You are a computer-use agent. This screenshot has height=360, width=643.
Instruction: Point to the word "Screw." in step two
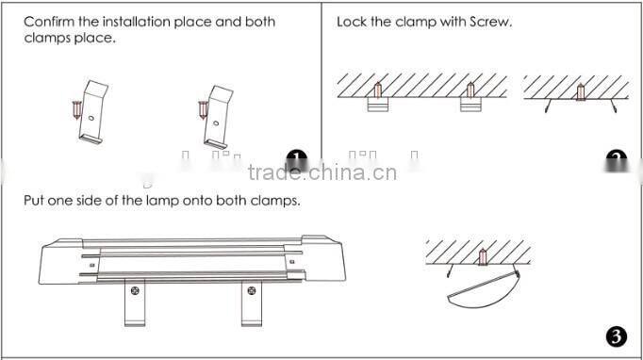click(x=489, y=22)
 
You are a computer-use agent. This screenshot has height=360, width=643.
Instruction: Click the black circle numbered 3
click(x=615, y=336)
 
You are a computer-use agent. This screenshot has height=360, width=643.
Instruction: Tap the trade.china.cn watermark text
click(x=321, y=172)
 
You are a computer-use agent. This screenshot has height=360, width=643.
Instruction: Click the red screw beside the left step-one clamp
click(x=75, y=111)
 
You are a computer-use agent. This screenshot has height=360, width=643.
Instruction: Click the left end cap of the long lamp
click(x=58, y=263)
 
